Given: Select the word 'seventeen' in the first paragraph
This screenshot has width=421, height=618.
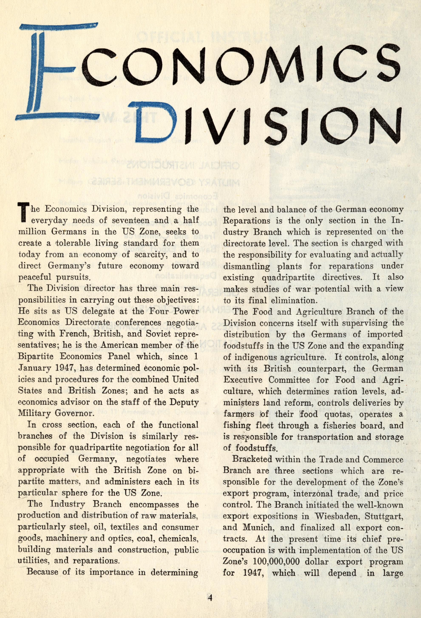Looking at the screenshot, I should (115, 220).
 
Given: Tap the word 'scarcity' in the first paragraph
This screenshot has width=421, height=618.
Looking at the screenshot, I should (148, 254).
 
